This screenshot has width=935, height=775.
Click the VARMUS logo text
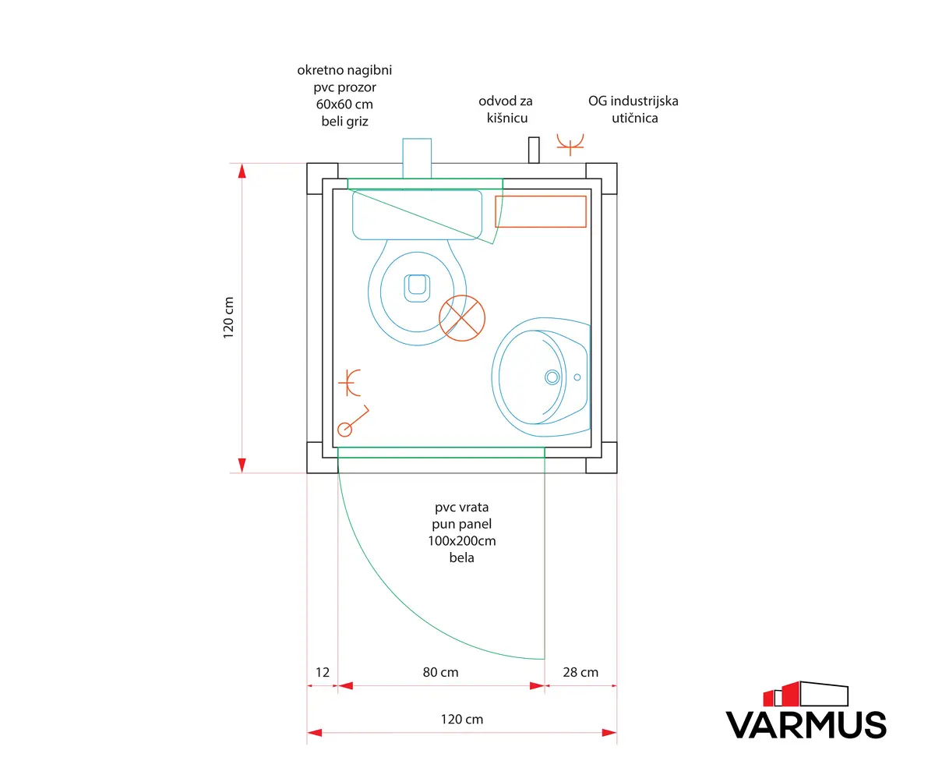pyautogui.click(x=806, y=725)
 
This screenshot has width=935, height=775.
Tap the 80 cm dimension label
pyautogui.click(x=441, y=672)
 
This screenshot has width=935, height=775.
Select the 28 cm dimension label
pyautogui.click(x=580, y=672)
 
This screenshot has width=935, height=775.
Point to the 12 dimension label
pyautogui.click(x=323, y=672)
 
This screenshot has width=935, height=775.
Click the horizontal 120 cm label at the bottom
pyautogui.click(x=462, y=720)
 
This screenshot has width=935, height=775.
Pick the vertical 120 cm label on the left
pyautogui.click(x=228, y=317)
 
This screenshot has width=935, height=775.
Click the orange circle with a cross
pyautogui.click(x=462, y=318)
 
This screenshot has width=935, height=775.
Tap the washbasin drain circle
pyautogui.click(x=552, y=377)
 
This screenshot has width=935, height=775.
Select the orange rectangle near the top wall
pyautogui.click(x=541, y=211)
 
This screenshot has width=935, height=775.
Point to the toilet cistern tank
pyautogui.click(x=417, y=214)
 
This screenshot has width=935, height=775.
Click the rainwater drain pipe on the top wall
pyautogui.click(x=534, y=150)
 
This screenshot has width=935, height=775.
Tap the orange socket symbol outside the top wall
pyautogui.click(x=570, y=144)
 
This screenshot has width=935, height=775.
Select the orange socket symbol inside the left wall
pyautogui.click(x=350, y=383)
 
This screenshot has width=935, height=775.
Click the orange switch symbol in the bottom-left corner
pyautogui.click(x=353, y=421)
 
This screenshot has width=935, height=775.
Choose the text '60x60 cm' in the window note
pyautogui.click(x=344, y=104)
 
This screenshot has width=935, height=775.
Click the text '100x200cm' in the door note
pyautogui.click(x=462, y=541)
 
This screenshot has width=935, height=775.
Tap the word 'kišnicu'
pyautogui.click(x=507, y=119)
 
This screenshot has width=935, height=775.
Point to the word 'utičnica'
pyautogui.click(x=634, y=119)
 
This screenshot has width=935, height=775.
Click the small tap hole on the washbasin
pyautogui.click(x=577, y=377)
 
